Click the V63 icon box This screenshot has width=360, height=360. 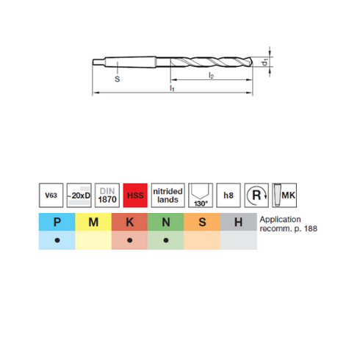tap(51, 195)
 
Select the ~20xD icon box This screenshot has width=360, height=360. tap(79, 195)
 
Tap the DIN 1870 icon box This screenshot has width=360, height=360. tap(107, 195)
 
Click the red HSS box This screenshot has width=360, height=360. tap(135, 195)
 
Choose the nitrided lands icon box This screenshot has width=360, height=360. tap(168, 195)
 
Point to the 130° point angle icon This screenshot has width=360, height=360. tap(201, 195)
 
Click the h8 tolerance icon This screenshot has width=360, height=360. tap(228, 195)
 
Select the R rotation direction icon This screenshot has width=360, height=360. tap(256, 195)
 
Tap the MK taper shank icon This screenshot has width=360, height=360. tap(284, 195)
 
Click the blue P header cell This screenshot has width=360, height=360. tap(57, 222)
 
